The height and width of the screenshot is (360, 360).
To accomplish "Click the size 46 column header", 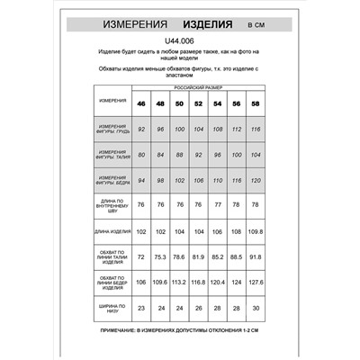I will (x=141, y=104).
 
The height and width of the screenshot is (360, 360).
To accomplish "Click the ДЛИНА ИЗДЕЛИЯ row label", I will (x=113, y=232).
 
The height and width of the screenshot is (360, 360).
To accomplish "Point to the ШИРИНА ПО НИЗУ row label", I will (x=113, y=309).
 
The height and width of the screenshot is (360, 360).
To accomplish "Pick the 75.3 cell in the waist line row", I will (x=160, y=257).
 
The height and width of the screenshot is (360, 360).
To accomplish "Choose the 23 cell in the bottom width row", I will (x=141, y=309).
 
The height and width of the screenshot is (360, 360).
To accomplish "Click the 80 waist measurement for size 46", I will (x=141, y=155).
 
